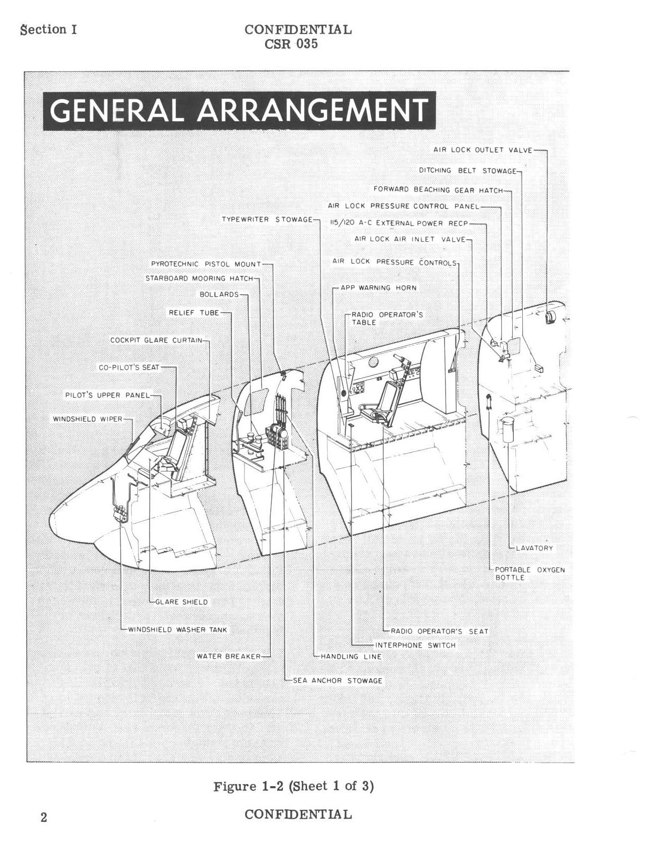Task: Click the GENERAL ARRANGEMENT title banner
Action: pyautogui.click(x=239, y=111)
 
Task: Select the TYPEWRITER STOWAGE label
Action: pyautogui.click(x=267, y=219)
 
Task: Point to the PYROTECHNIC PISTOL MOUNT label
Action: pyautogui.click(x=206, y=264)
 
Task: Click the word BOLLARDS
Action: pyautogui.click(x=219, y=295)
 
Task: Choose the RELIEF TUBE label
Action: pyautogui.click(x=194, y=313)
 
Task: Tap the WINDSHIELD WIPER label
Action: pyautogui.click(x=88, y=419)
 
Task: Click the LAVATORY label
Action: pyautogui.click(x=534, y=548)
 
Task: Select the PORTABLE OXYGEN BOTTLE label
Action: pyautogui.click(x=530, y=574)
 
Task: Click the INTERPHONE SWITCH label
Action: pyautogui.click(x=415, y=645)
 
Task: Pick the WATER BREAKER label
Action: pyautogui.click(x=229, y=656)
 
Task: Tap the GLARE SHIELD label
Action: pyautogui.click(x=181, y=602)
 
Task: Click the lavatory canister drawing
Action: pyautogui.click(x=508, y=428)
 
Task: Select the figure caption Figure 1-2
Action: pyautogui.click(x=293, y=786)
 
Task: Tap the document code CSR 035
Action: pyautogui.click(x=291, y=44)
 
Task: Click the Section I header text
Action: pyautogui.click(x=48, y=29)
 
